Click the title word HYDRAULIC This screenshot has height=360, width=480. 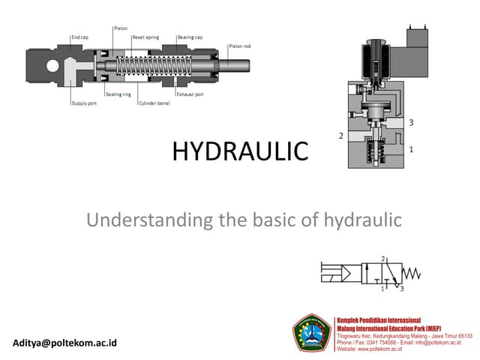pyautogui.click(x=240, y=152)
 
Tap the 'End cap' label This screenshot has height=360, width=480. pyautogui.click(x=79, y=37)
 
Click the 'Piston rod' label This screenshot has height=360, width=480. pyautogui.click(x=240, y=46)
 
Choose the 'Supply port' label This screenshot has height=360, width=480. pyautogui.click(x=82, y=103)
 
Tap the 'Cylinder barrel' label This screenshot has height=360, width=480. pyautogui.click(x=154, y=103)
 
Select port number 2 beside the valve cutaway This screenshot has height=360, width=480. pyautogui.click(x=341, y=136)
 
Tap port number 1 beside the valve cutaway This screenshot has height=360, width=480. pyautogui.click(x=412, y=150)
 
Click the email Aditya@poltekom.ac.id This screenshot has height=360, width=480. pyautogui.click(x=65, y=343)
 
